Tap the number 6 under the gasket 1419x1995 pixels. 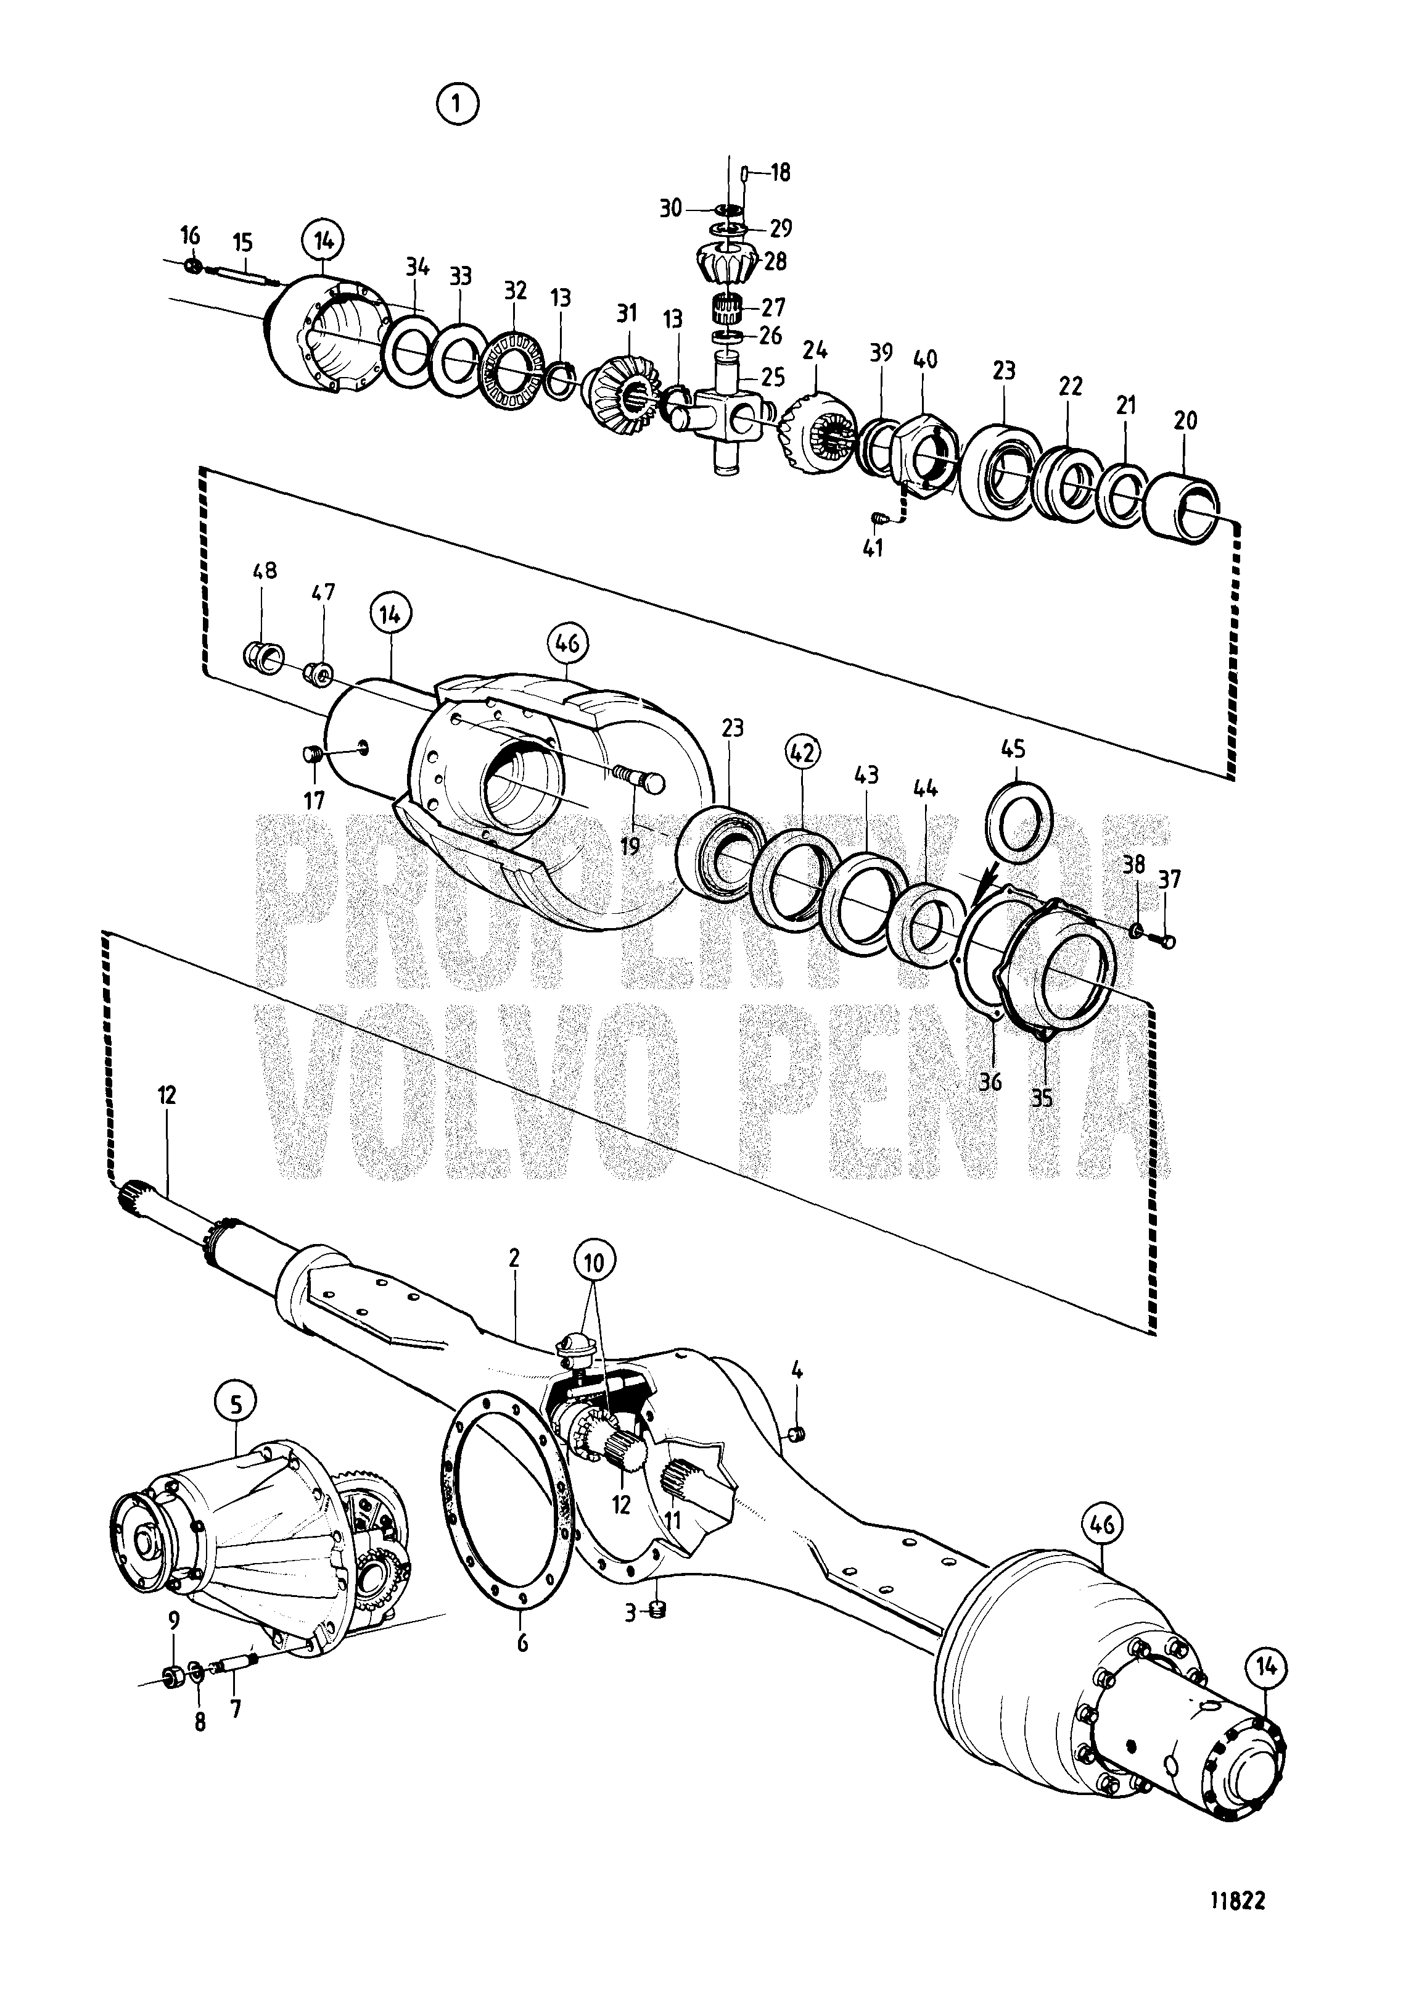[x=522, y=1643]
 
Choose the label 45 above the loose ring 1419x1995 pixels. [x=1014, y=749]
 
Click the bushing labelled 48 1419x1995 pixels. [x=258, y=656]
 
